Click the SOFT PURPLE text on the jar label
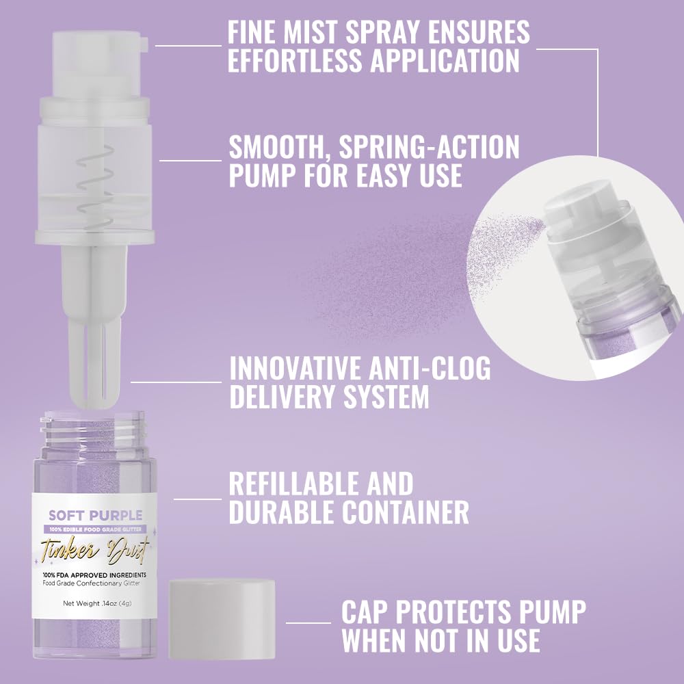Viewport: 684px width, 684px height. point(95,516)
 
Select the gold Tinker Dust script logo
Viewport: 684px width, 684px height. point(95,549)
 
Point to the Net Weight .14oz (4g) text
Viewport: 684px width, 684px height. point(95,603)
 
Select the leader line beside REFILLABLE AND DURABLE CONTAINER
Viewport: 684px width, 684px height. point(198,499)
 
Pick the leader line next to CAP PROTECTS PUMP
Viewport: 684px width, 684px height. point(308,622)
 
